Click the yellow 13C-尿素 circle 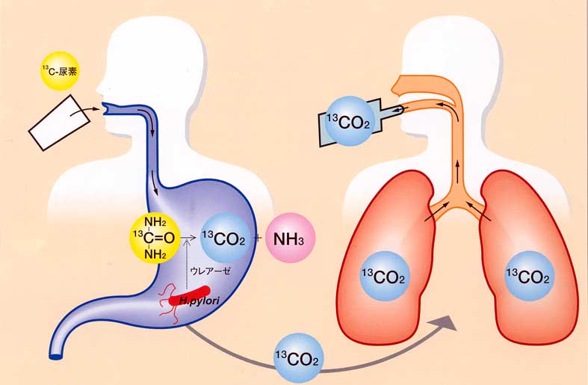click(59, 71)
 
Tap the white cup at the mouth click(59, 123)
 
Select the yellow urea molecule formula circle click(154, 238)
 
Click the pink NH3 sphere click(290, 238)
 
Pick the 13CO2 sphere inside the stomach click(225, 238)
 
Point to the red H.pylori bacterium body click(190, 295)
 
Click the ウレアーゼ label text click(210, 271)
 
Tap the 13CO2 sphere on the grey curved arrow click(299, 358)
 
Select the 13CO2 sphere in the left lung click(383, 277)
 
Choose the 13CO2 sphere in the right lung click(529, 277)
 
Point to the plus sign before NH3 click(258, 238)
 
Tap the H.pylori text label click(199, 301)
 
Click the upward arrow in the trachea click(457, 168)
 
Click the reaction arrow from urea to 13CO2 click(188, 238)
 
